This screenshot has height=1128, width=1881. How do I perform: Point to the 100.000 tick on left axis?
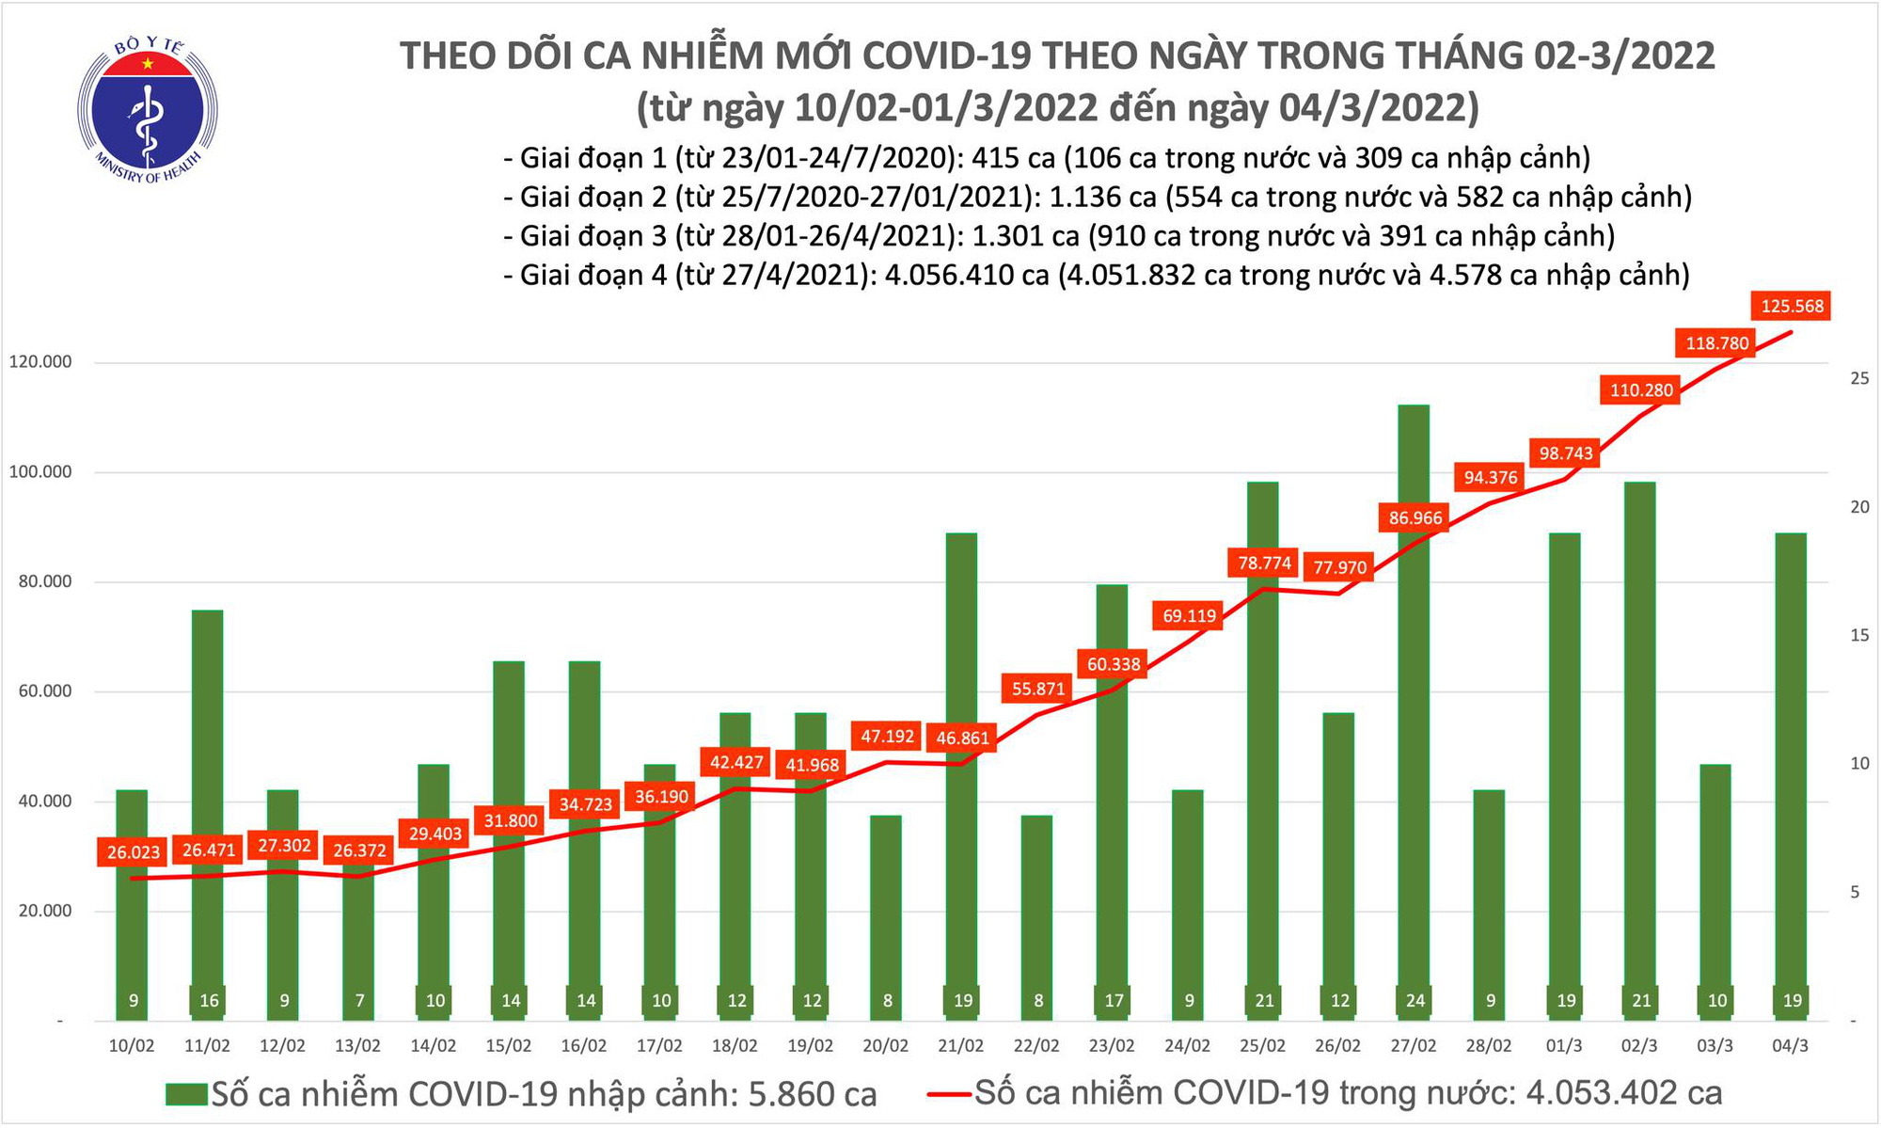(40, 471)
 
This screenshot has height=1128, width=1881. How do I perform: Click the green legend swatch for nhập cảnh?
(185, 1094)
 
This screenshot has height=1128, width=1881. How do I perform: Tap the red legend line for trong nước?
(948, 1094)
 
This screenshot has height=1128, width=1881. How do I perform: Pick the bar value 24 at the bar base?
(1415, 1000)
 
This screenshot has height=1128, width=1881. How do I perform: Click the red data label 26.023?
(133, 852)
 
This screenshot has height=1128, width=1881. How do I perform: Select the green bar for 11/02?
(208, 809)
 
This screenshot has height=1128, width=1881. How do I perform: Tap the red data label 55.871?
(1037, 689)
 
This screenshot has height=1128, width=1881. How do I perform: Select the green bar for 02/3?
(1640, 743)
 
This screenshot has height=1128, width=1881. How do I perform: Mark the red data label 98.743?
(1566, 453)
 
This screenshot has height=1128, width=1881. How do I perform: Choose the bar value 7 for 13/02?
(358, 1000)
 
